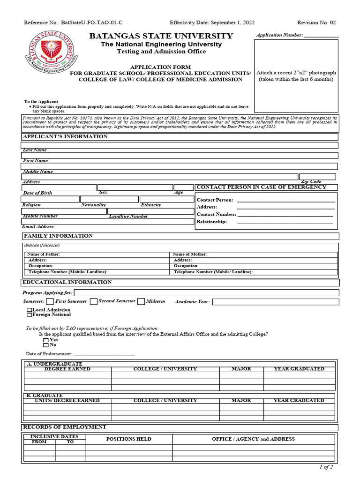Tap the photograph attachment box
(x=296, y=76)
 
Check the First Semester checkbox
(x=50, y=301)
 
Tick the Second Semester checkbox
(x=93, y=301)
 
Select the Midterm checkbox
(x=141, y=301)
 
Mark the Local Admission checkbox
(x=30, y=310)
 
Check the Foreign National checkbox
(x=30, y=315)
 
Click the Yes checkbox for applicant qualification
(x=46, y=340)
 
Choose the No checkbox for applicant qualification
(x=46, y=345)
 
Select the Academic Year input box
(x=275, y=302)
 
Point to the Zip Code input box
(x=317, y=177)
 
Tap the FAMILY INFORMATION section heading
(x=58, y=236)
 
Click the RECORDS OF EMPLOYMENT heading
(x=65, y=427)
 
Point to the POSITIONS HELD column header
(x=129, y=439)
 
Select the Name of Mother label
(x=190, y=254)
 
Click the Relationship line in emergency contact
(x=285, y=222)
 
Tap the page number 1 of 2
(x=326, y=467)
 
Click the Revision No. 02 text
(x=316, y=22)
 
